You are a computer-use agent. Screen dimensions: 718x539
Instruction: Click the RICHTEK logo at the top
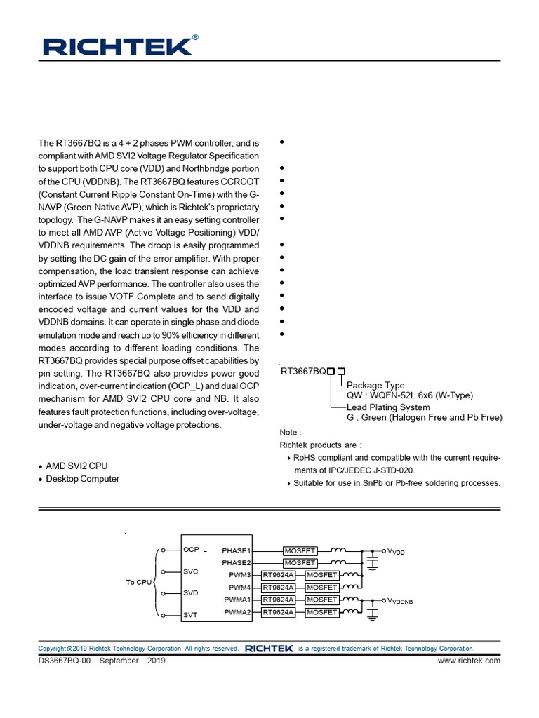[x=117, y=46]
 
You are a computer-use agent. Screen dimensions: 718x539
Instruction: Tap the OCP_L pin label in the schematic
[x=195, y=549]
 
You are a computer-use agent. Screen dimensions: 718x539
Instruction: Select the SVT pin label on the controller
[x=190, y=615]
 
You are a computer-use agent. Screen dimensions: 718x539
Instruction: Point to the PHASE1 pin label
[x=237, y=551]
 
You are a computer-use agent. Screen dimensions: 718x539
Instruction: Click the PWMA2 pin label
[x=238, y=612]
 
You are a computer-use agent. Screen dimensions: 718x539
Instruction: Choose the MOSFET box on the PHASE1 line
[x=300, y=551]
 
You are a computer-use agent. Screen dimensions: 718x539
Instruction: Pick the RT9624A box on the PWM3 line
[x=278, y=575]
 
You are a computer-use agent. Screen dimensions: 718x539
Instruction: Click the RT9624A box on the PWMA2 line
[x=278, y=612]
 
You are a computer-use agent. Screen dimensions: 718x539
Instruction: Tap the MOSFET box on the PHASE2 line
[x=300, y=563]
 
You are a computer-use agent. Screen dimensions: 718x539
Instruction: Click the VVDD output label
[x=396, y=552]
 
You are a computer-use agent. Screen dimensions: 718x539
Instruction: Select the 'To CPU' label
[x=138, y=583]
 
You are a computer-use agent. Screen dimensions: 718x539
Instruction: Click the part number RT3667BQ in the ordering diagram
[x=303, y=372]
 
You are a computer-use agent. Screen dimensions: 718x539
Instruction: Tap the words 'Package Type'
[x=375, y=385]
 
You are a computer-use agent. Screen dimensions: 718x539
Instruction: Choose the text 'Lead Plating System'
[x=388, y=407]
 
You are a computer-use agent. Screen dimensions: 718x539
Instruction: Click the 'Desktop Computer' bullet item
[x=82, y=479]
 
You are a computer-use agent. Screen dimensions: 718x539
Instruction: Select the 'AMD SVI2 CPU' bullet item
[x=76, y=466]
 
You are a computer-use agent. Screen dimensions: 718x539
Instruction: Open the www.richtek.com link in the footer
[x=469, y=661]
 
